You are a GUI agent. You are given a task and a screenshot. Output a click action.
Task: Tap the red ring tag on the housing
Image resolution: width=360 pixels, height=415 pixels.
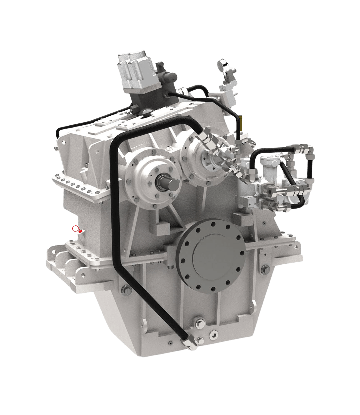[x=75, y=229]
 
